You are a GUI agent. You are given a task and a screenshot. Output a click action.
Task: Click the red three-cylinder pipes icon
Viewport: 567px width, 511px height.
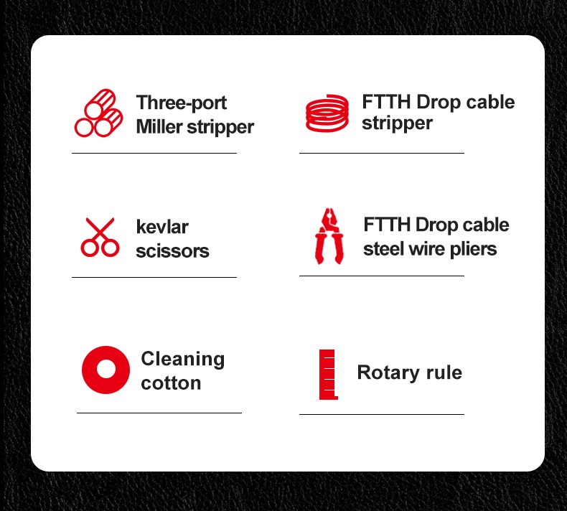point(98,113)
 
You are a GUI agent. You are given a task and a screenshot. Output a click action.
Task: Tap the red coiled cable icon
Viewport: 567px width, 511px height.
point(327,113)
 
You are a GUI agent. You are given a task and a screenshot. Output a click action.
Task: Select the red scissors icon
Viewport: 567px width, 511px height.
point(100,238)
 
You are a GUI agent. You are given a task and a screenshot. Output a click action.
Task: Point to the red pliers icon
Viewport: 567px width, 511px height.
point(329,236)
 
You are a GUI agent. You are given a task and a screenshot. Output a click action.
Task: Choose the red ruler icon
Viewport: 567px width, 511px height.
point(327,375)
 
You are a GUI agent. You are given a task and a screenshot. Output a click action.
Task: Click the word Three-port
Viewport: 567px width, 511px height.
point(182,103)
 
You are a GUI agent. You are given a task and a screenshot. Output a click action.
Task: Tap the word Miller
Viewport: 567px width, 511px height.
point(159,126)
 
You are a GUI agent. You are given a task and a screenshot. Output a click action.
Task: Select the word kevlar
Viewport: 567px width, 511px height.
point(162,227)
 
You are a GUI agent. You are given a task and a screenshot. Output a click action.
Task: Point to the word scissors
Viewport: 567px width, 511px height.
point(172,251)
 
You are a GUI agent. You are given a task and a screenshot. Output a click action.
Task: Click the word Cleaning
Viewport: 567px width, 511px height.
point(183,360)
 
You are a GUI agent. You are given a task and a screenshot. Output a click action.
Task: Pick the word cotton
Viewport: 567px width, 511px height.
point(171,383)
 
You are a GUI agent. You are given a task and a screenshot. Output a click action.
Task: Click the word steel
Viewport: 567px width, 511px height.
point(380,249)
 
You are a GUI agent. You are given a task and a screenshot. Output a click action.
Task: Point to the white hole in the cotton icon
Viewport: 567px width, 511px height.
point(106,370)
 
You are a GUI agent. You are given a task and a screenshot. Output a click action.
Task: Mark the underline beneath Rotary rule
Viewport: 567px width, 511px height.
point(382,414)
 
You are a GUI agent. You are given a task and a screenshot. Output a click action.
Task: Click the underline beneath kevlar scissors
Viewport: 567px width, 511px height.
point(154,277)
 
